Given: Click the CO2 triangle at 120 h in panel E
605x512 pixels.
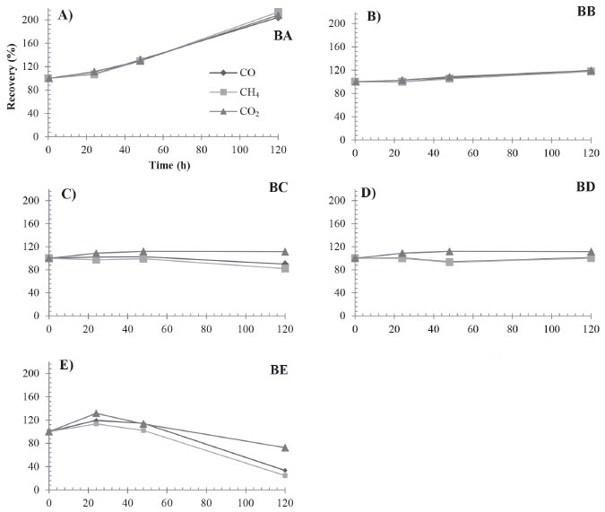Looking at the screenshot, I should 285,447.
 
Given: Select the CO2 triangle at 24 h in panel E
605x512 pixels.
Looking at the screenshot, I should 96,413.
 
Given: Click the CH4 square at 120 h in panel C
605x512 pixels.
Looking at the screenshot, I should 285,268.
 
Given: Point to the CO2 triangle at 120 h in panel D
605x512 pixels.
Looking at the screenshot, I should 591,252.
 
